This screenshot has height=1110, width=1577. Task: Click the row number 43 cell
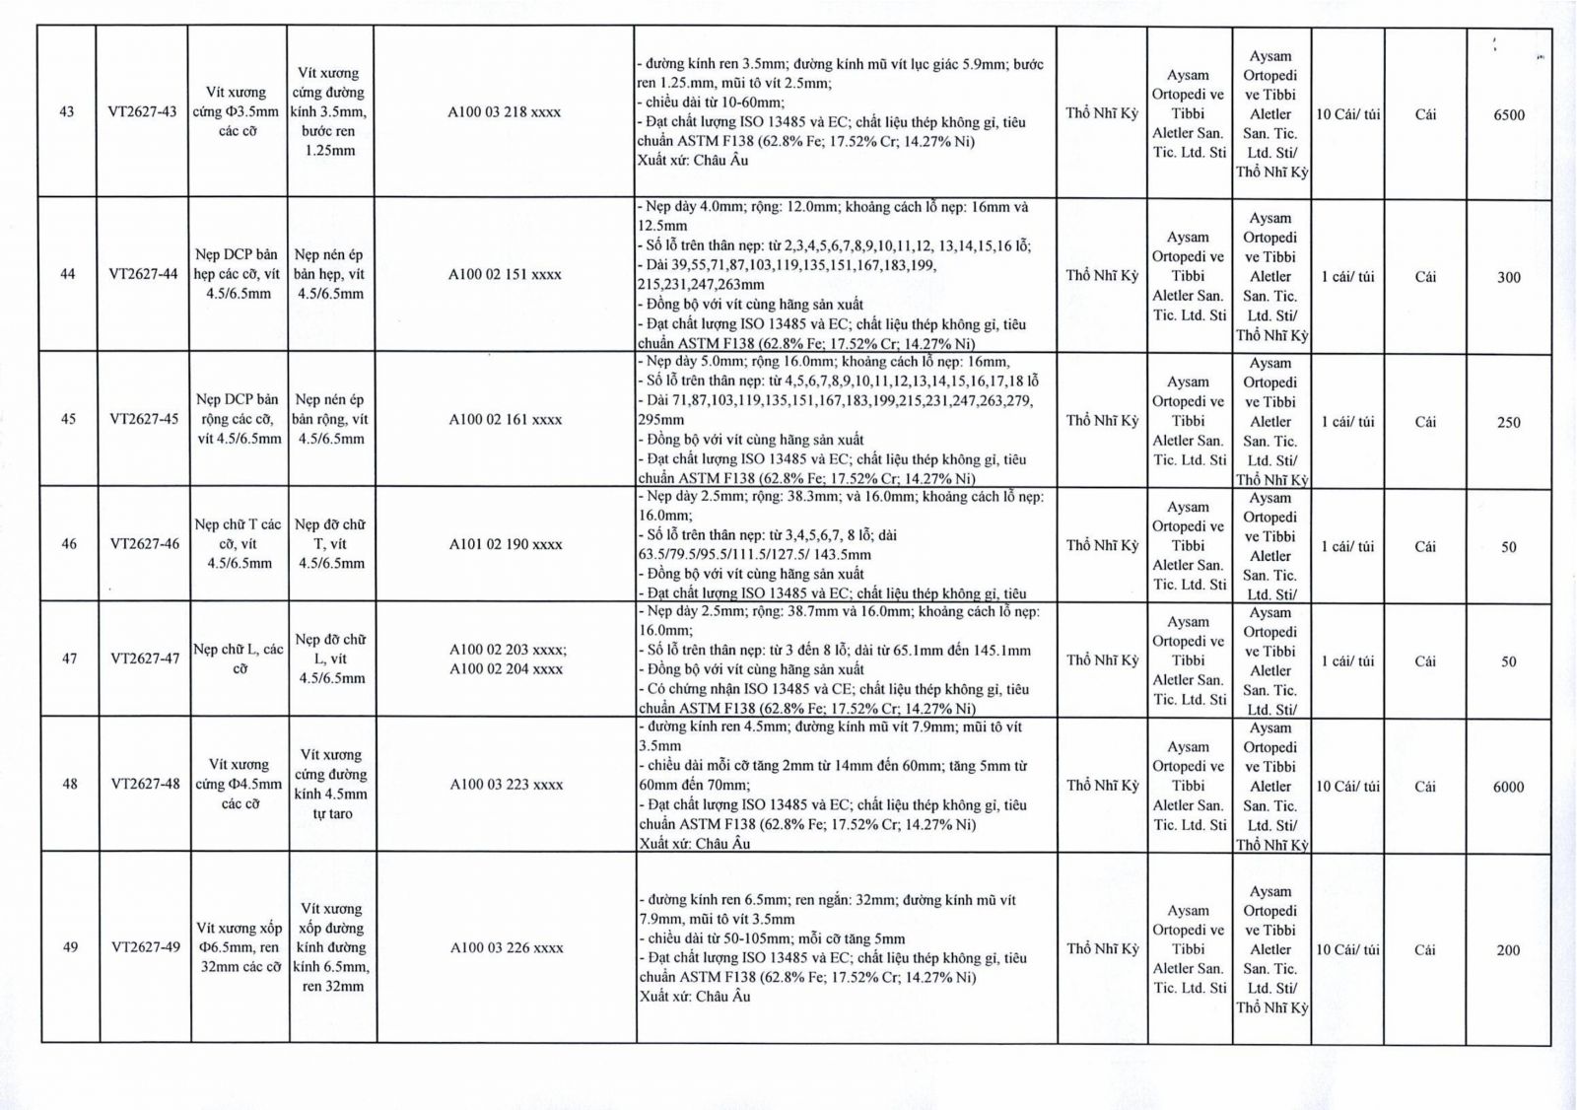[67, 111]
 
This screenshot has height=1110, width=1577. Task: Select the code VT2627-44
[144, 274]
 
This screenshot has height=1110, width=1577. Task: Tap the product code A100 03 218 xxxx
[504, 112]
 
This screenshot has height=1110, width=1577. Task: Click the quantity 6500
[1508, 114]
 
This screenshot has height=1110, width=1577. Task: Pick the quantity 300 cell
[1508, 277]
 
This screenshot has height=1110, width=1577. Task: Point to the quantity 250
[1508, 422]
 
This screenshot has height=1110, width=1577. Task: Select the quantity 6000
[1508, 787]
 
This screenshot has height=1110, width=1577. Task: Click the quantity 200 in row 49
[1508, 950]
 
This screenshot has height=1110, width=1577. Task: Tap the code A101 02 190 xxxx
[506, 544]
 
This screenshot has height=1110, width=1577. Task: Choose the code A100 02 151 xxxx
[505, 274]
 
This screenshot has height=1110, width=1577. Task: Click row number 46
[69, 543]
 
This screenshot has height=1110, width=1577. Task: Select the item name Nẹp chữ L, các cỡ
[239, 659]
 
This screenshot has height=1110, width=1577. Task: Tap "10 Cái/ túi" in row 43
[1347, 114]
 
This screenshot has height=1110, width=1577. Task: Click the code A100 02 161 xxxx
[506, 419]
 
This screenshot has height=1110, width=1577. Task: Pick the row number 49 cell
[70, 947]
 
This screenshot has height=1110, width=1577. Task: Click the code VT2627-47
[145, 658]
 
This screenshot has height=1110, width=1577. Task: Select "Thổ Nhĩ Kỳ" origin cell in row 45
[1102, 420]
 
